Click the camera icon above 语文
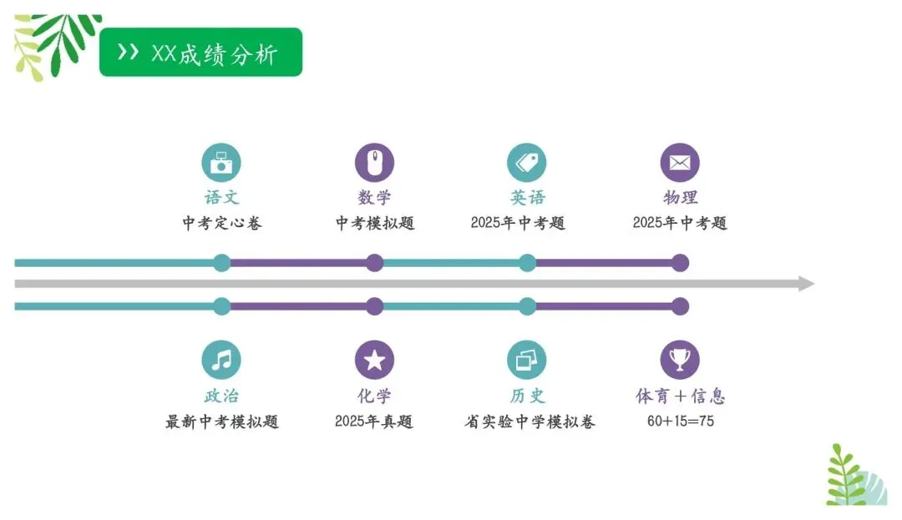point(221,163)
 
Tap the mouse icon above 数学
point(374,163)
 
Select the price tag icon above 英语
point(527,163)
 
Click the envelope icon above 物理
point(680,163)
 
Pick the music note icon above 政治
point(221,360)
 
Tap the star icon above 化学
point(374,360)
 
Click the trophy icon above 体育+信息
point(680,360)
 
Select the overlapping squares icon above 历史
point(527,360)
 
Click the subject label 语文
point(221,198)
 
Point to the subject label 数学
point(374,198)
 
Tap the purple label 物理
point(680,198)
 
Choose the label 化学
point(374,396)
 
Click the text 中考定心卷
point(221,223)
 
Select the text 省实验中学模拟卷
point(530,422)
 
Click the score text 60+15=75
point(680,422)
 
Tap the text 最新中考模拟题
point(221,422)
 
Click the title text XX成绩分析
point(215,53)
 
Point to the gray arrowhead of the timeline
point(805,284)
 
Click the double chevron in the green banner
point(128,53)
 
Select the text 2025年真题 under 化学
point(374,422)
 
